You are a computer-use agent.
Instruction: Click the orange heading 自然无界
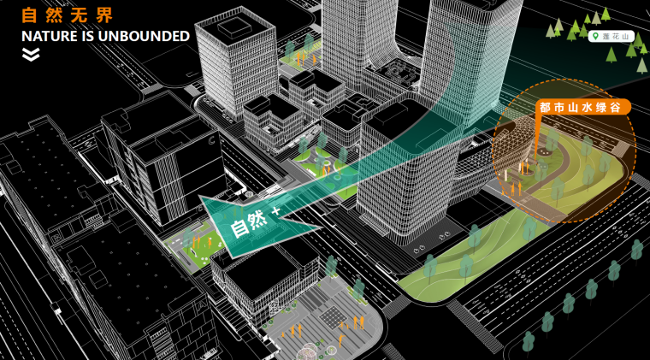[66, 15]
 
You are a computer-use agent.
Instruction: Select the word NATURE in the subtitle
[49, 36]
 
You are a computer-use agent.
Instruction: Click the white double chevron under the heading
[31, 55]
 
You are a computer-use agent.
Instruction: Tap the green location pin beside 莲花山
[594, 35]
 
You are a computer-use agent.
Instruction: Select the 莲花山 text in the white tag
[614, 35]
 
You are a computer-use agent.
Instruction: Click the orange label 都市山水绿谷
[584, 107]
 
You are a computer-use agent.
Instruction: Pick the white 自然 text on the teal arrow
[248, 224]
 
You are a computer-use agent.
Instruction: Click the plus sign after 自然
[275, 210]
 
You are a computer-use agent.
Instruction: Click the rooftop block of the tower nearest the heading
[234, 28]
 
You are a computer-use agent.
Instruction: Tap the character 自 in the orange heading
[29, 15]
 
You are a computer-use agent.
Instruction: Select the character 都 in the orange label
[546, 107]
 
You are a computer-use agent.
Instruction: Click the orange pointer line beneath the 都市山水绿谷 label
[537, 133]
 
